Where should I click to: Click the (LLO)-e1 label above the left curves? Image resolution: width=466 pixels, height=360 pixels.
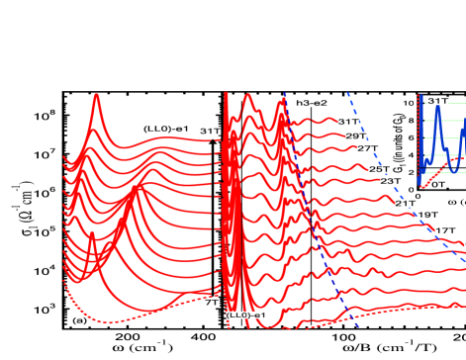click(x=165, y=129)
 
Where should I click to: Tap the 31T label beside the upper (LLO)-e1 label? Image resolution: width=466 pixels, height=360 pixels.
click(x=210, y=131)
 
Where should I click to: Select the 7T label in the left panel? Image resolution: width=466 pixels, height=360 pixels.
click(x=212, y=303)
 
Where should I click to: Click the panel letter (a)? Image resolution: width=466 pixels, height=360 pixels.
click(x=80, y=319)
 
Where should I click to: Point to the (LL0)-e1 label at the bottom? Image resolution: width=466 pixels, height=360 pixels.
click(x=246, y=315)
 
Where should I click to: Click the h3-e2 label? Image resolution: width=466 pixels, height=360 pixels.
click(x=312, y=103)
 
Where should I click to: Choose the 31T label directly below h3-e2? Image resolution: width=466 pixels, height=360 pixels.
click(x=348, y=122)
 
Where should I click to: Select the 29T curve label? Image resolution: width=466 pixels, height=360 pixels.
click(x=356, y=135)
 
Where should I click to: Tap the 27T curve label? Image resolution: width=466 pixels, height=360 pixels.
click(x=368, y=148)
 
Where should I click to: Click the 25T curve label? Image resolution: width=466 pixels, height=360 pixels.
click(x=379, y=169)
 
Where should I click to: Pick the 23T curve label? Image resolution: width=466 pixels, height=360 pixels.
click(x=391, y=181)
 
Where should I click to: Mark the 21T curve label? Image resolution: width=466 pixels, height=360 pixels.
click(x=405, y=203)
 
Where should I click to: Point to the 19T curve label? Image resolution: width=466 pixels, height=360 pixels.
click(x=427, y=215)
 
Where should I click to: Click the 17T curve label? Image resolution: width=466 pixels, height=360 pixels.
click(x=445, y=230)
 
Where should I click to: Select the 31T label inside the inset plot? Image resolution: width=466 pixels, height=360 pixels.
click(x=437, y=101)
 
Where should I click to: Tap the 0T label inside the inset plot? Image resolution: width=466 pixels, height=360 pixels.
click(x=438, y=184)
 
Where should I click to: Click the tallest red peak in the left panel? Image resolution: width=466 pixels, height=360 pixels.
click(x=96, y=96)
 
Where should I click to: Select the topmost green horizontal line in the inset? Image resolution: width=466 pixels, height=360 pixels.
click(x=450, y=103)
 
